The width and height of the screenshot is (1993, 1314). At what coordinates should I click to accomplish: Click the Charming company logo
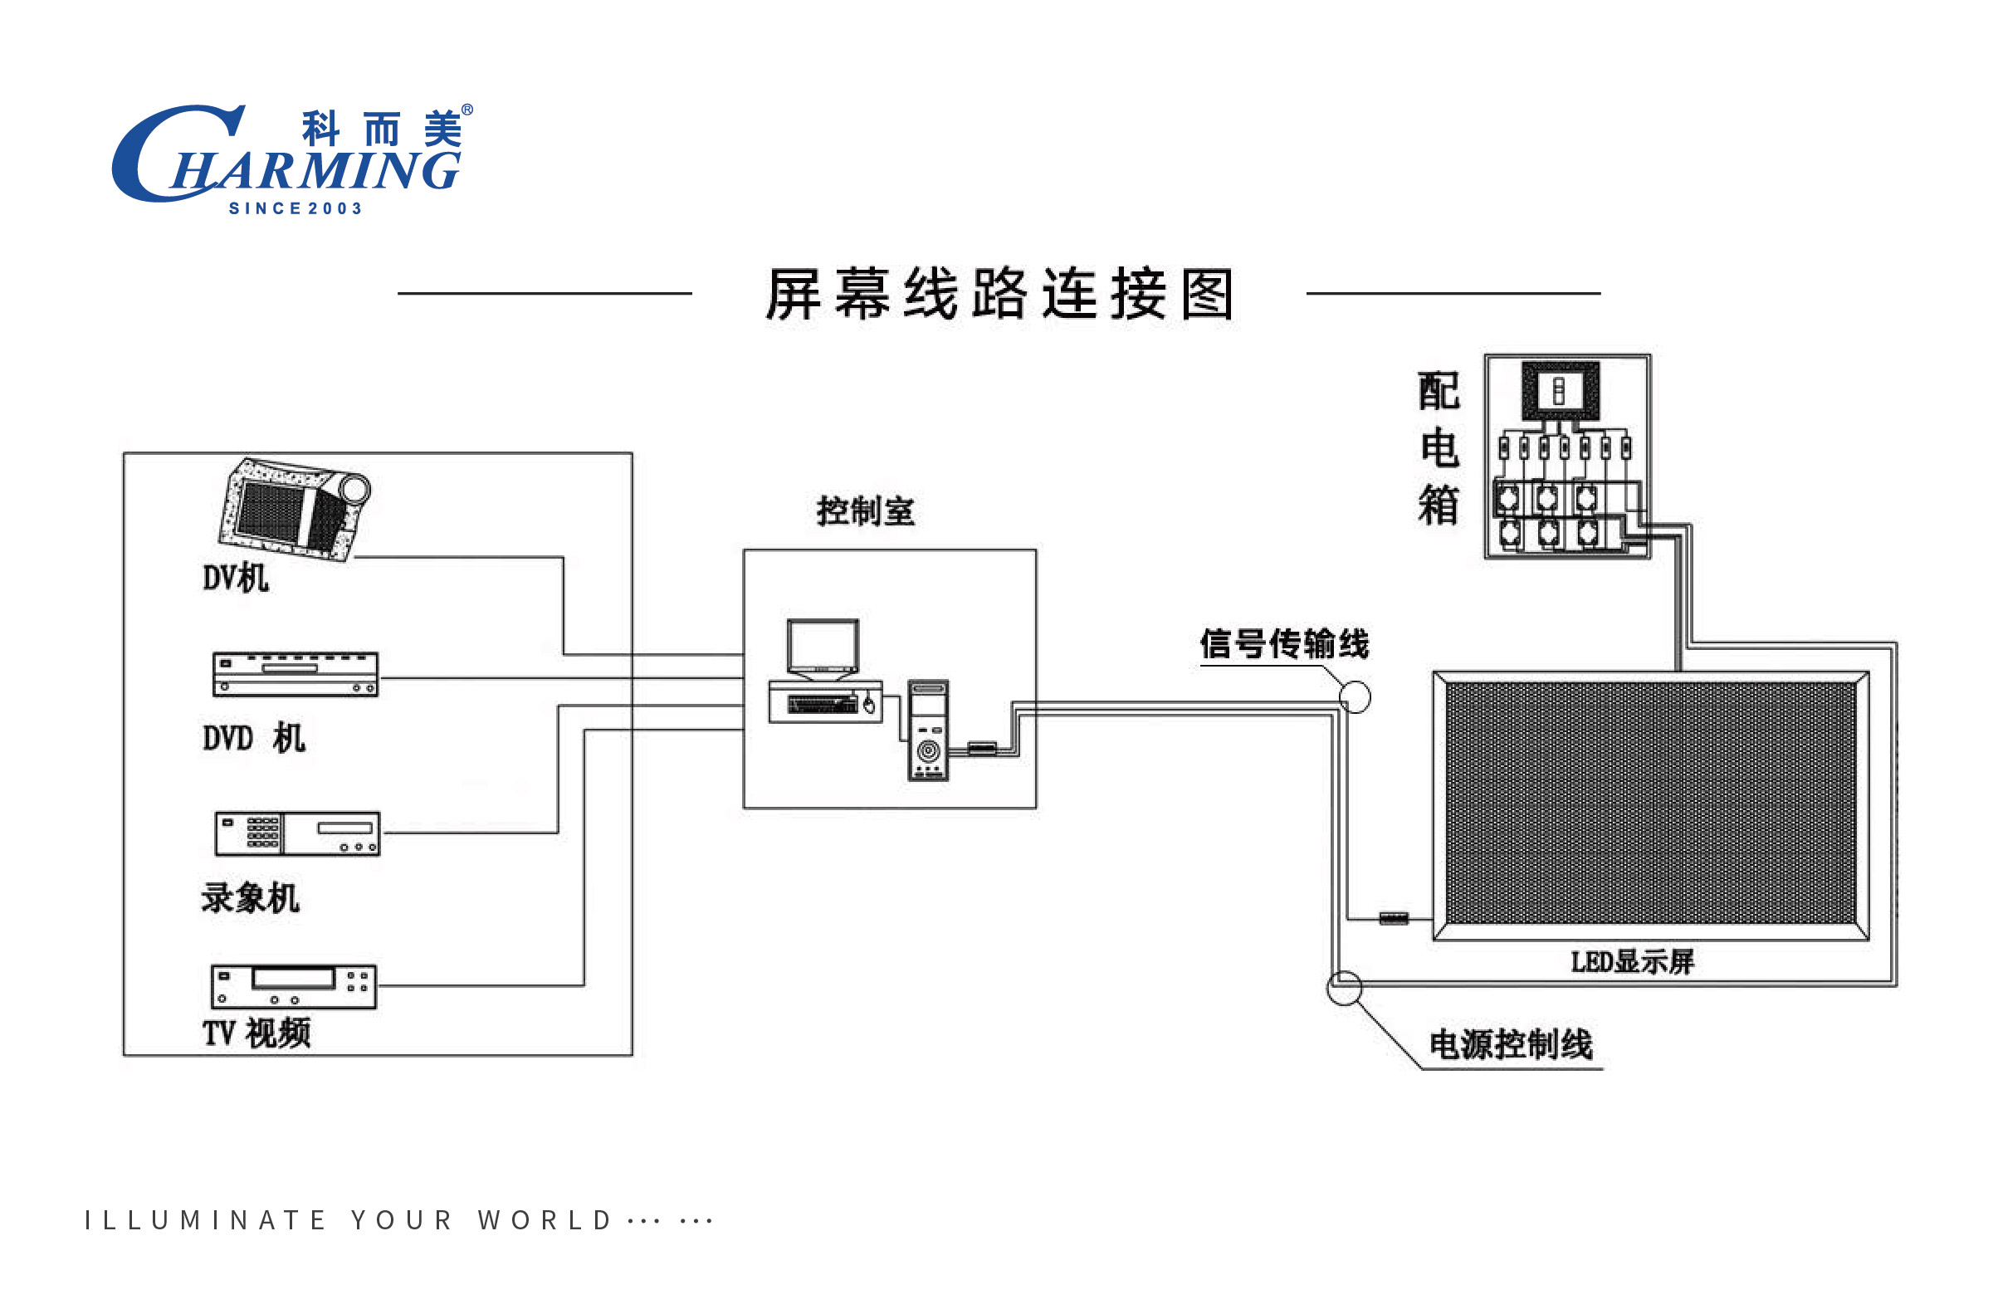[x=292, y=159]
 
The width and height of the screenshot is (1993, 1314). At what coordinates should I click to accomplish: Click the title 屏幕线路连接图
[x=999, y=294]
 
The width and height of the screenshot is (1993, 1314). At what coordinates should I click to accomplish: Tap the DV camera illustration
[x=295, y=509]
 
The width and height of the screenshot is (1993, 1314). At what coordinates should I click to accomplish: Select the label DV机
[x=236, y=579]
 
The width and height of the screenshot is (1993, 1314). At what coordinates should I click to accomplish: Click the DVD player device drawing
[x=296, y=675]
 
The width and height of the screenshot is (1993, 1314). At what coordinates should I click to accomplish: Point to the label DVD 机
[x=254, y=738]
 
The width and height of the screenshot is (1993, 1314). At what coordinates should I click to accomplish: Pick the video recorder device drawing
[x=297, y=834]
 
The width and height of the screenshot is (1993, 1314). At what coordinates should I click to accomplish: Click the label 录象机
[x=250, y=897]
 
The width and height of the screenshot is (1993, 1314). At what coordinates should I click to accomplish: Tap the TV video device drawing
[x=294, y=986]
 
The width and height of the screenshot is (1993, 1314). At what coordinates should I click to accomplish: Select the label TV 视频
[x=256, y=1033]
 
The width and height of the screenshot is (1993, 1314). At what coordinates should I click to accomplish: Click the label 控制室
[x=866, y=510]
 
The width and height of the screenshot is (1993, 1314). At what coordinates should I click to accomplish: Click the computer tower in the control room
[x=929, y=730]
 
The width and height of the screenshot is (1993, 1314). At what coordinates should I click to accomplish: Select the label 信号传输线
[x=1284, y=643]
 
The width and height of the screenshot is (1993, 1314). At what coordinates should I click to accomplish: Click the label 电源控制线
[x=1511, y=1044]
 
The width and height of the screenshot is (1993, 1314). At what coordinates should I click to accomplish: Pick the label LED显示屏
[x=1632, y=962]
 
